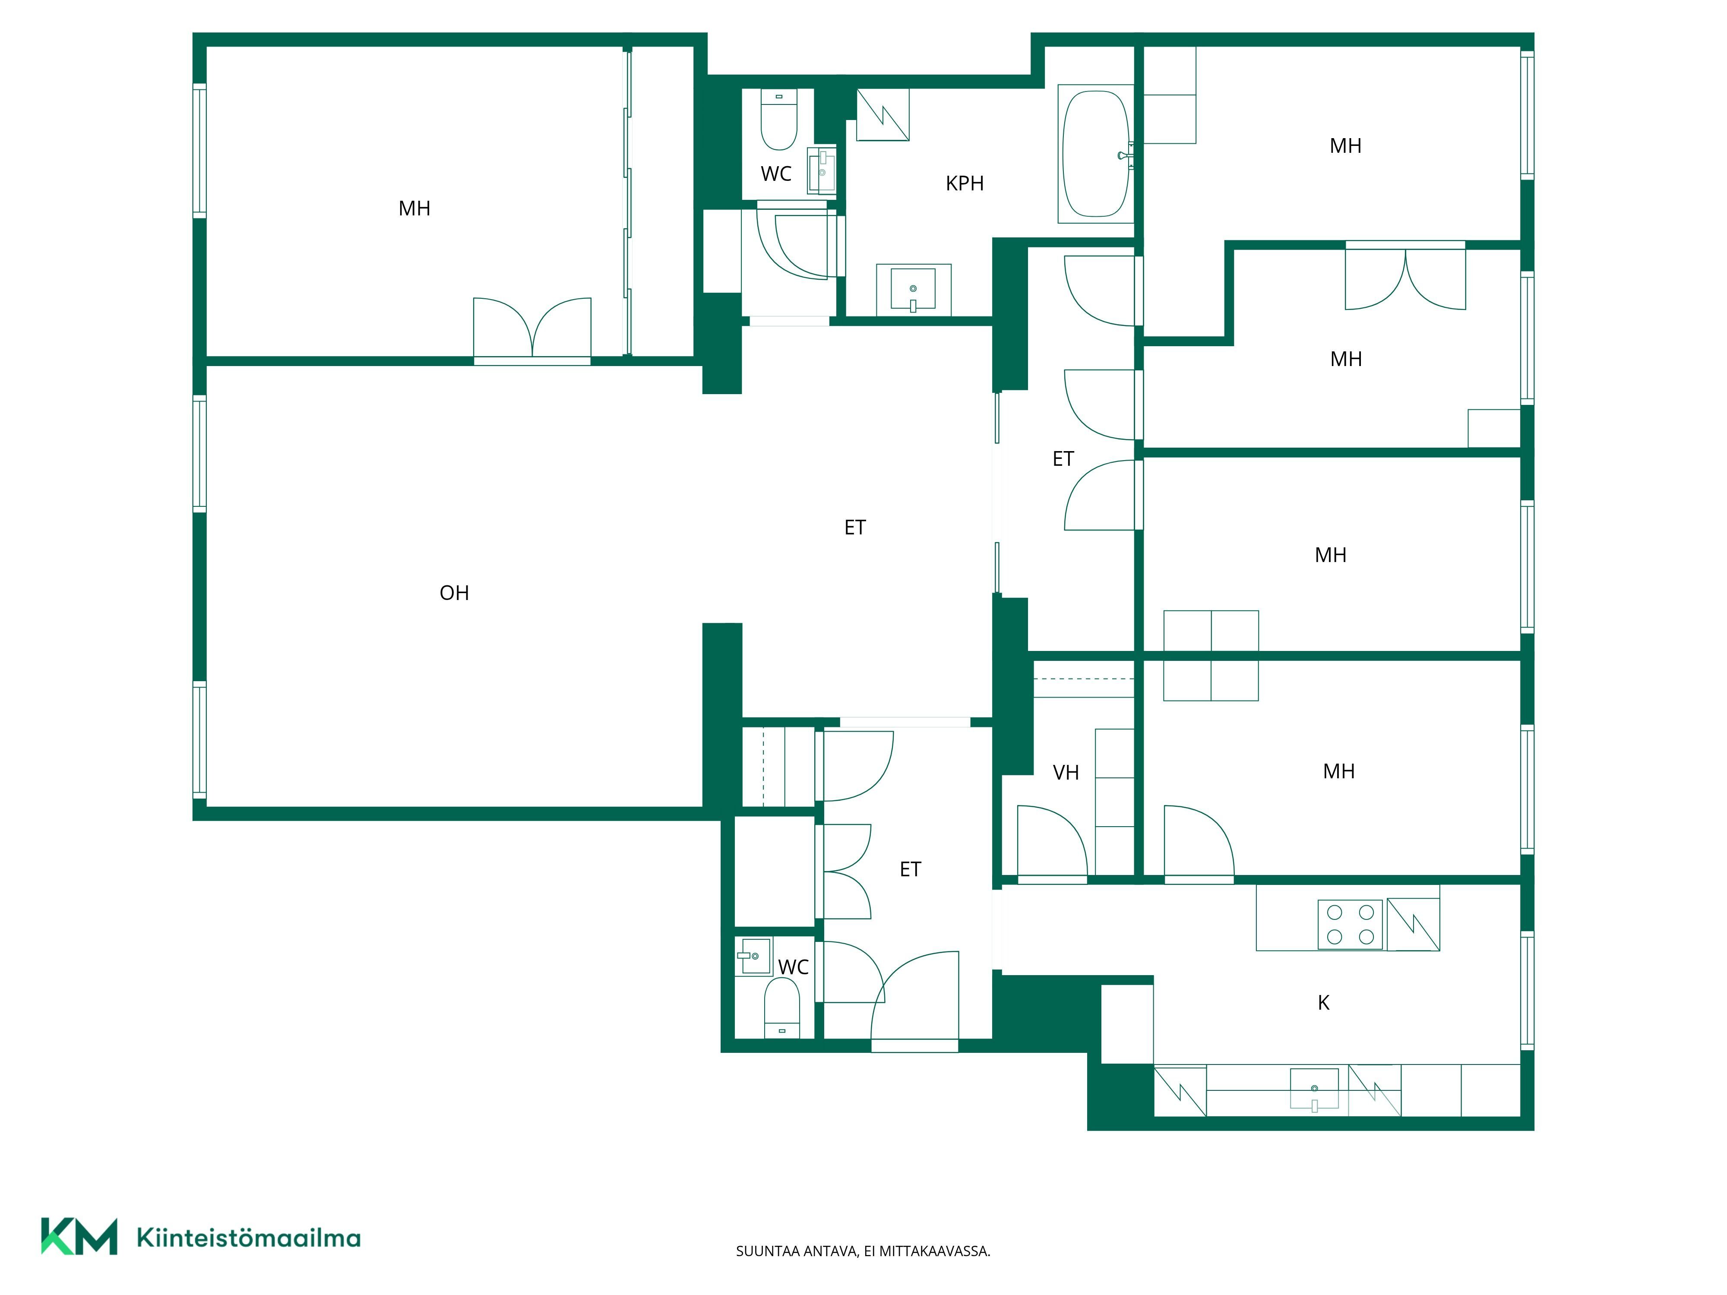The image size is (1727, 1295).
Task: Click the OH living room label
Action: [454, 593]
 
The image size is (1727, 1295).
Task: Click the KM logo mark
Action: [79, 1236]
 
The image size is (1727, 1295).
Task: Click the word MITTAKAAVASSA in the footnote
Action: [935, 1251]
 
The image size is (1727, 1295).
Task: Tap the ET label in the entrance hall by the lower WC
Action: [910, 869]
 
